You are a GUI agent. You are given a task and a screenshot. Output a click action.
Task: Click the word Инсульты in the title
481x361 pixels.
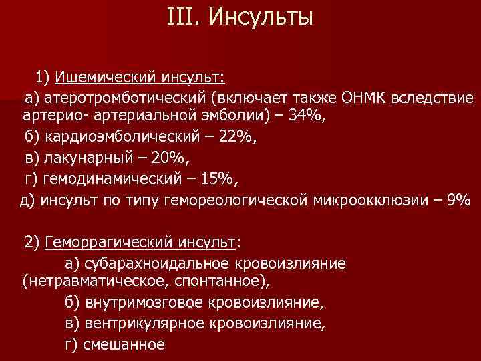click(261, 17)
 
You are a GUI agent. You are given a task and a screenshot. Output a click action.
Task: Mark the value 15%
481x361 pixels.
click(219, 179)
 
